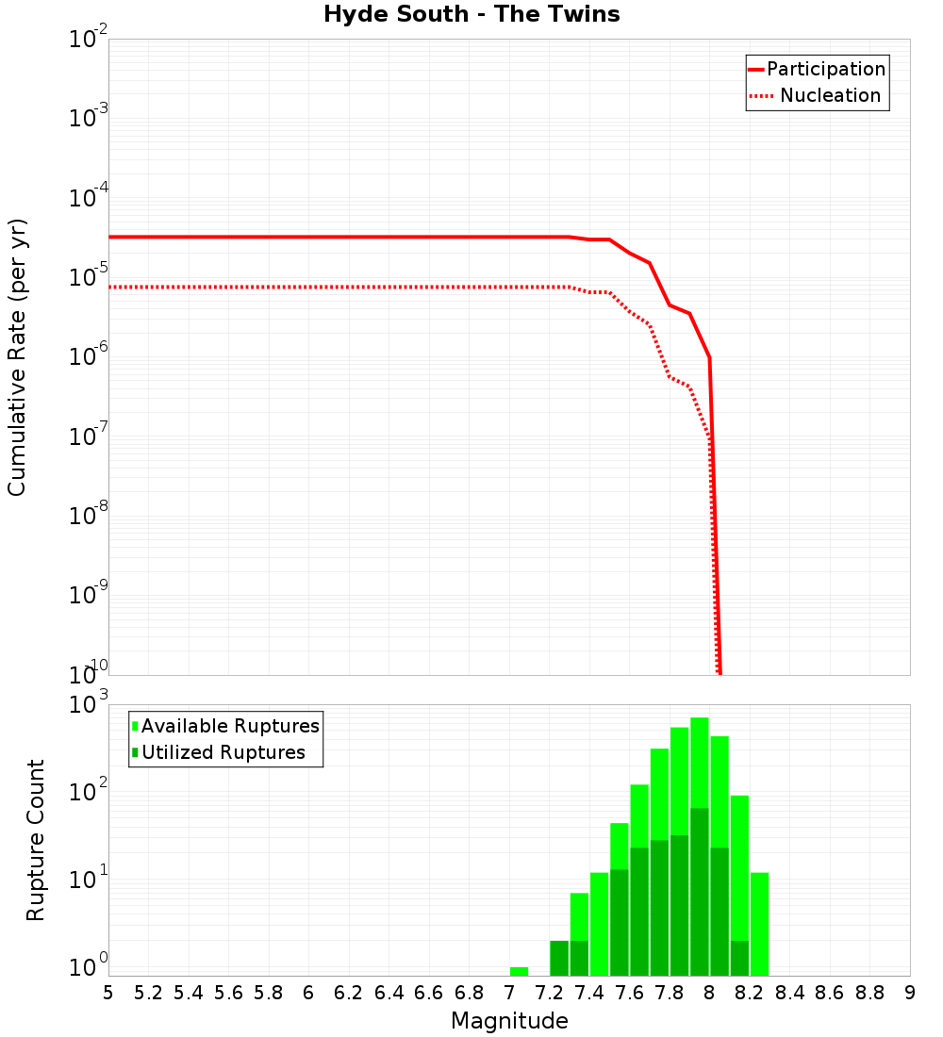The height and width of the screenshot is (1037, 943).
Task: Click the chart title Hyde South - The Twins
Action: pyautogui.click(x=471, y=14)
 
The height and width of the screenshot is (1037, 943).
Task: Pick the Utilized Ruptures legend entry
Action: pyautogui.click(x=223, y=752)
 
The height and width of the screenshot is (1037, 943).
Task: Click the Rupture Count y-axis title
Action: pyautogui.click(x=36, y=840)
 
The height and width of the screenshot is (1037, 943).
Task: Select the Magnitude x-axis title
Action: pyautogui.click(x=509, y=1021)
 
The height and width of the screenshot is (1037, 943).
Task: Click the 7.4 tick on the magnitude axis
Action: pyautogui.click(x=589, y=993)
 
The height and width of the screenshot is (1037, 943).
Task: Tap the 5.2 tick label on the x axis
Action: pyautogui.click(x=148, y=993)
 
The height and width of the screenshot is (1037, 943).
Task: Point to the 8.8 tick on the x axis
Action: pyautogui.click(x=869, y=993)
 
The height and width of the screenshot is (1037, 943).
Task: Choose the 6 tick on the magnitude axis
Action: pyautogui.click(x=308, y=993)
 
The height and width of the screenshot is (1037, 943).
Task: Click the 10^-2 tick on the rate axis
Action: pyautogui.click(x=89, y=40)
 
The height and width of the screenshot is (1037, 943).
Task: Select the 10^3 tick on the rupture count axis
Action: pyautogui.click(x=91, y=705)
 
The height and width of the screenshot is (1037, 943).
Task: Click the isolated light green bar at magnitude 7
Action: pyautogui.click(x=519, y=971)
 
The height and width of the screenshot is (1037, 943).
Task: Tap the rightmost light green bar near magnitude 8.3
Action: pyautogui.click(x=759, y=924)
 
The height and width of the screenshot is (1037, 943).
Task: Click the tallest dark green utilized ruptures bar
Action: pyautogui.click(x=699, y=891)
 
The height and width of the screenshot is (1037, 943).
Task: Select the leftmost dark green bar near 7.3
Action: pyautogui.click(x=559, y=958)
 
